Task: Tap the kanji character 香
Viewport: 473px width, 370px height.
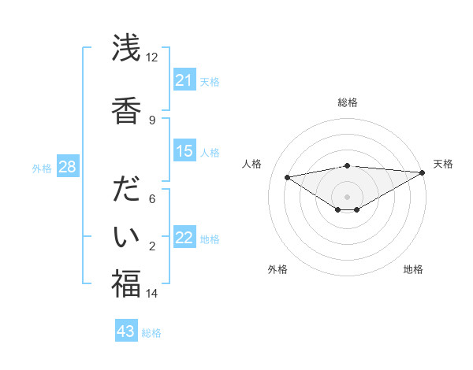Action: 126,109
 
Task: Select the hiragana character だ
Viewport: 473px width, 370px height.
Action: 126,191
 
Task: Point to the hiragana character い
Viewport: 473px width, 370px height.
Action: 126,235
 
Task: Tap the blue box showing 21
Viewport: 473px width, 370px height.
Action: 184,80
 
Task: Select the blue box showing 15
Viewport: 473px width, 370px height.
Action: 184,151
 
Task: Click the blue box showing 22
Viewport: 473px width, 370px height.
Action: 184,238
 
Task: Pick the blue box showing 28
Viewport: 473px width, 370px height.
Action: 67,167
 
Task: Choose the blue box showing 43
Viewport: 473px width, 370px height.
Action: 126,331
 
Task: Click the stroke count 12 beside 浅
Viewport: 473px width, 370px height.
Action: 152,57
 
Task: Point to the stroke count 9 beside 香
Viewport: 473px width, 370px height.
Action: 152,120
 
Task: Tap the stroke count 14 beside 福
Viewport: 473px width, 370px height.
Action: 152,294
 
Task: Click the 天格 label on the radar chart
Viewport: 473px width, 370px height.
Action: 443,164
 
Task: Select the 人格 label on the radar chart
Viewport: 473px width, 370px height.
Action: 252,164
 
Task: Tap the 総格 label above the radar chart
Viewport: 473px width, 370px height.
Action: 348,102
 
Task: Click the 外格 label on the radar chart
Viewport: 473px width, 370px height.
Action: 277,269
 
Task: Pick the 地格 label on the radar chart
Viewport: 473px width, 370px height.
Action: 413,269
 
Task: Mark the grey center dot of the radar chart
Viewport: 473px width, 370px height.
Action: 347,196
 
